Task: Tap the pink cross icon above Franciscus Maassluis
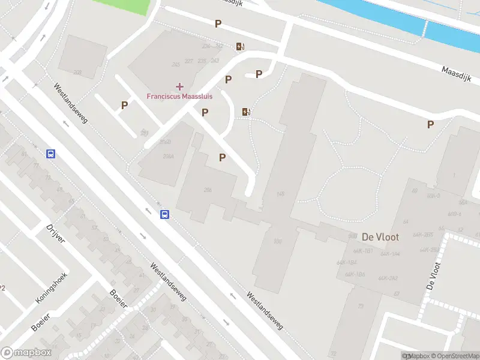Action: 179,87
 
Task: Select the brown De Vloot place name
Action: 380,237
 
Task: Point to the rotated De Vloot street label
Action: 433,276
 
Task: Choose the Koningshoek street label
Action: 52,283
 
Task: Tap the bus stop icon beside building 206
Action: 164,214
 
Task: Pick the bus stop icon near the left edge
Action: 51,154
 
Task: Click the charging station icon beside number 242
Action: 240,47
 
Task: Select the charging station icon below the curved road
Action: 245,112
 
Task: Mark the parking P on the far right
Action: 430,125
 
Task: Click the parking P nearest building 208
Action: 125,105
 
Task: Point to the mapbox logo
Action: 26,353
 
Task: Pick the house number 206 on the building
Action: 208,190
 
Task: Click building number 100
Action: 277,241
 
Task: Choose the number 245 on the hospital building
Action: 176,64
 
